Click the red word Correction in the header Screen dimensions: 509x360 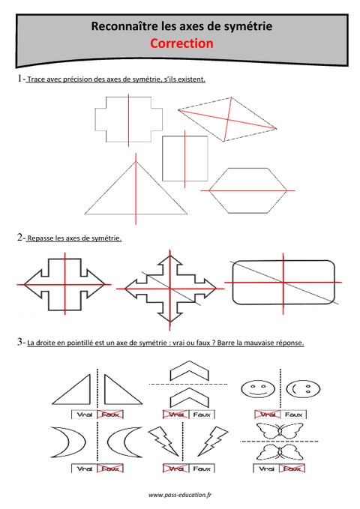click(180, 44)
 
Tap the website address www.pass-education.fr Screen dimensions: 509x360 click(180, 496)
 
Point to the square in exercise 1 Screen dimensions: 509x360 click(184, 159)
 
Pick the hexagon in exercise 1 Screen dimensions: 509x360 click(248, 192)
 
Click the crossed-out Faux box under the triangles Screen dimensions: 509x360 click(113, 413)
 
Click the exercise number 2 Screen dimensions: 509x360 click(18, 238)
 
